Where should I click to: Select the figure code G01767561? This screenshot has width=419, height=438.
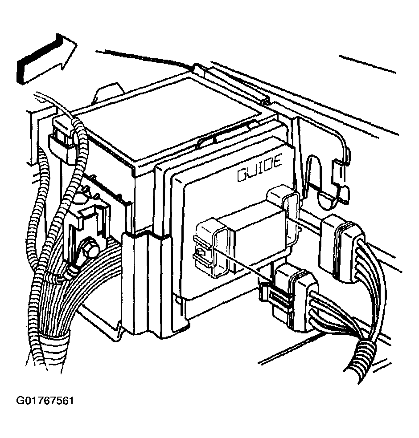pyautogui.click(x=45, y=401)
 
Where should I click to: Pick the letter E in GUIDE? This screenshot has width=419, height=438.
pyautogui.click(x=277, y=162)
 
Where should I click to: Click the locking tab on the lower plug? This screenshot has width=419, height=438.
pyautogui.click(x=275, y=293)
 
